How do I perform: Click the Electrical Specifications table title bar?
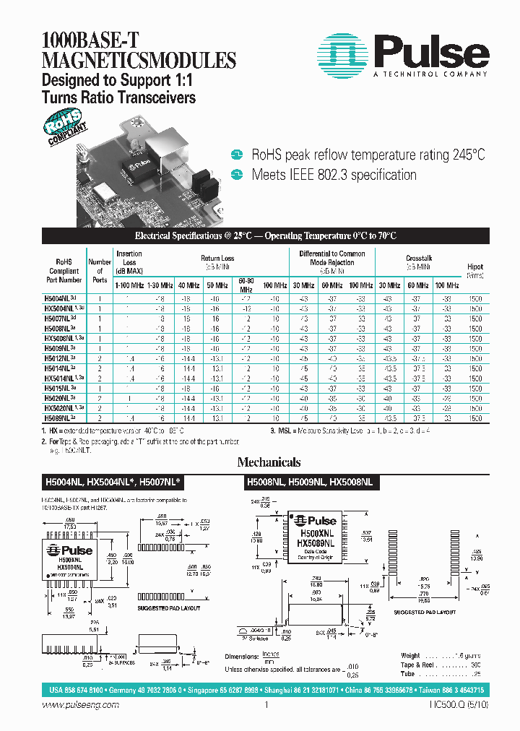click(266, 236)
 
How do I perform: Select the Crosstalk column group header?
click(418, 258)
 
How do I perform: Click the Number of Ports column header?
click(100, 271)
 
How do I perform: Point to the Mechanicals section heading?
click(268, 462)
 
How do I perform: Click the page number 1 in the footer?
click(266, 706)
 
